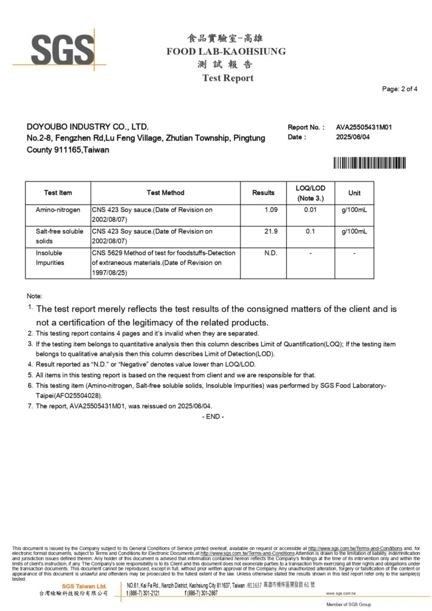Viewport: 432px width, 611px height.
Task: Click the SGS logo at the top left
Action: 60,50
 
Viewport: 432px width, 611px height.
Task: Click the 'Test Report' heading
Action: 227,78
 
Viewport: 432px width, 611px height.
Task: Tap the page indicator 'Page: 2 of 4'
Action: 400,90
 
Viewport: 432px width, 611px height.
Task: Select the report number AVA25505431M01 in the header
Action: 363,127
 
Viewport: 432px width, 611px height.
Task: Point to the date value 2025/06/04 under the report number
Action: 354,137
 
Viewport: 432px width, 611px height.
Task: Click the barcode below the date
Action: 369,162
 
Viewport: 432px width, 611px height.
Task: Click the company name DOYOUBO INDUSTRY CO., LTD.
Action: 88,127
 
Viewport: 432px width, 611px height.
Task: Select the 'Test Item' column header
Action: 58,193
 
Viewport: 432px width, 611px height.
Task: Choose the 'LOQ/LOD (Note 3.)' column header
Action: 310,193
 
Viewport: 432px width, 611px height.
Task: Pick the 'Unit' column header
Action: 354,193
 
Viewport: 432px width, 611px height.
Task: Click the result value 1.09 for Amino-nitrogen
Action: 271,210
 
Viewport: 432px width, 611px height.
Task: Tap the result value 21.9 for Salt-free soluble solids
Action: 271,231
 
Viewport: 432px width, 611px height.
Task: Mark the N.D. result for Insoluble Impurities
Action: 271,253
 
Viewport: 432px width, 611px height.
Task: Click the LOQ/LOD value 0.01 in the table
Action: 310,210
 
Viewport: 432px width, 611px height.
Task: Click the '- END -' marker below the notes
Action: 214,416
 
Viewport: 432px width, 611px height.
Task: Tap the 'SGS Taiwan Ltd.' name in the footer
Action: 84,587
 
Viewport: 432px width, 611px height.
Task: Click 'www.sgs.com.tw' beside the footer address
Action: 341,594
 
